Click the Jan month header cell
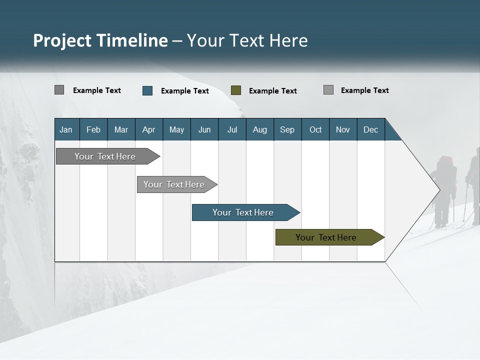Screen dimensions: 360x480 pyautogui.click(x=66, y=129)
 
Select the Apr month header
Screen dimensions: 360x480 pyautogui.click(x=149, y=129)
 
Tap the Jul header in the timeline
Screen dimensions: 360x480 pyautogui.click(x=232, y=129)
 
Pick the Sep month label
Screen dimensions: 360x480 pyautogui.click(x=287, y=129)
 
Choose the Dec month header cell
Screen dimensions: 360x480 pyautogui.click(x=370, y=129)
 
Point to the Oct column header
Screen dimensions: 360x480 pyautogui.click(x=315, y=129)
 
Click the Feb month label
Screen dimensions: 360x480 pyautogui.click(x=93, y=129)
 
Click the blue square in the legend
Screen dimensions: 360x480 pyautogui.click(x=147, y=90)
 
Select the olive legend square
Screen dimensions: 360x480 pyautogui.click(x=236, y=90)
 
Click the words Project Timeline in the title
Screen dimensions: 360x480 pyautogui.click(x=100, y=40)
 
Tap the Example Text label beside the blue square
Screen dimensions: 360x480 pyautogui.click(x=184, y=91)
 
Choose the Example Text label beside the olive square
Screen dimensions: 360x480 pyautogui.click(x=272, y=91)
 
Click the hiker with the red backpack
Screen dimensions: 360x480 pyautogui.click(x=444, y=190)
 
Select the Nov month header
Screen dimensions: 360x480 pyautogui.click(x=343, y=129)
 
